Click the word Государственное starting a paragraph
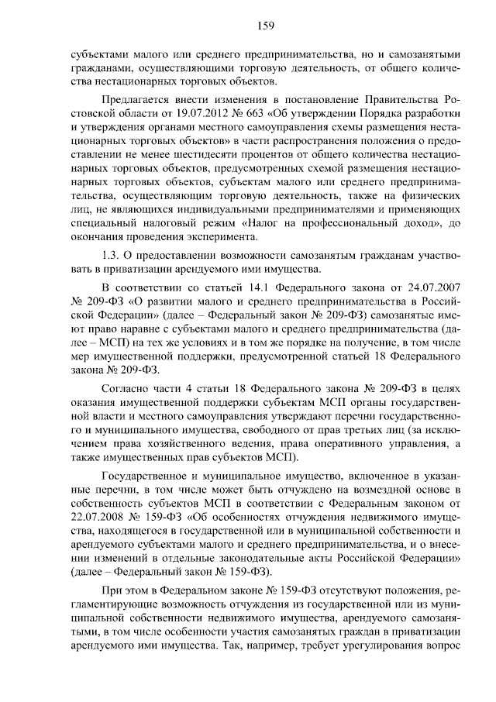(x=146, y=477)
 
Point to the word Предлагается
(x=135, y=99)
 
